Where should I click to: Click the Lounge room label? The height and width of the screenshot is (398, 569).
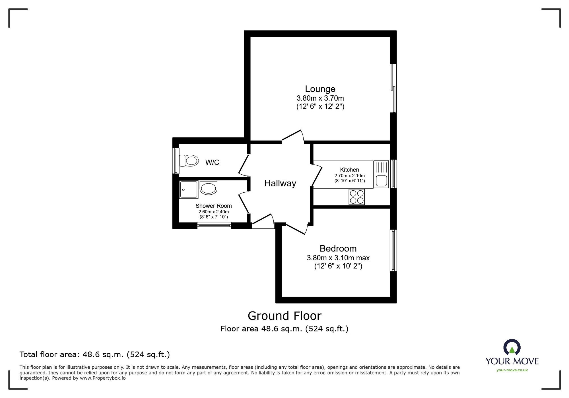(320, 89)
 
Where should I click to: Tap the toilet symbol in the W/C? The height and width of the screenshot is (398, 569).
(189, 161)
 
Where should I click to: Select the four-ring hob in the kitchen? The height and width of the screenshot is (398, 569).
(356, 197)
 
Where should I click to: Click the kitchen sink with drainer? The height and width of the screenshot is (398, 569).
(381, 174)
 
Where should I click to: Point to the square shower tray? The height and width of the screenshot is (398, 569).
(188, 189)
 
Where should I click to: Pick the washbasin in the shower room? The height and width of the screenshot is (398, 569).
(209, 188)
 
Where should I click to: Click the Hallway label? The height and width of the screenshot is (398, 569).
(280, 183)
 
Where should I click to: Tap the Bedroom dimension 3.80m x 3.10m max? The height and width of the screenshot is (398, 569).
(338, 258)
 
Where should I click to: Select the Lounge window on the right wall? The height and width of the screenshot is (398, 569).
(393, 88)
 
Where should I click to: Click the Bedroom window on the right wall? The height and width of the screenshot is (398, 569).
(393, 250)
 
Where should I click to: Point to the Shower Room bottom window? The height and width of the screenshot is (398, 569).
(214, 226)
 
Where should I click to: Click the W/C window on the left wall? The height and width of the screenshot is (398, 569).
(176, 161)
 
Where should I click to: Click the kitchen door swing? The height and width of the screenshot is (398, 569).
(317, 175)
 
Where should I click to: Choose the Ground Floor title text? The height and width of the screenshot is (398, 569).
(284, 316)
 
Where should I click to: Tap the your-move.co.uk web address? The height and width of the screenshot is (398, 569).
(512, 370)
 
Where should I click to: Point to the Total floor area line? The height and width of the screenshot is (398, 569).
(94, 354)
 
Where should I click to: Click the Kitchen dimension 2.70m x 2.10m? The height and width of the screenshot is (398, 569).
(349, 176)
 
